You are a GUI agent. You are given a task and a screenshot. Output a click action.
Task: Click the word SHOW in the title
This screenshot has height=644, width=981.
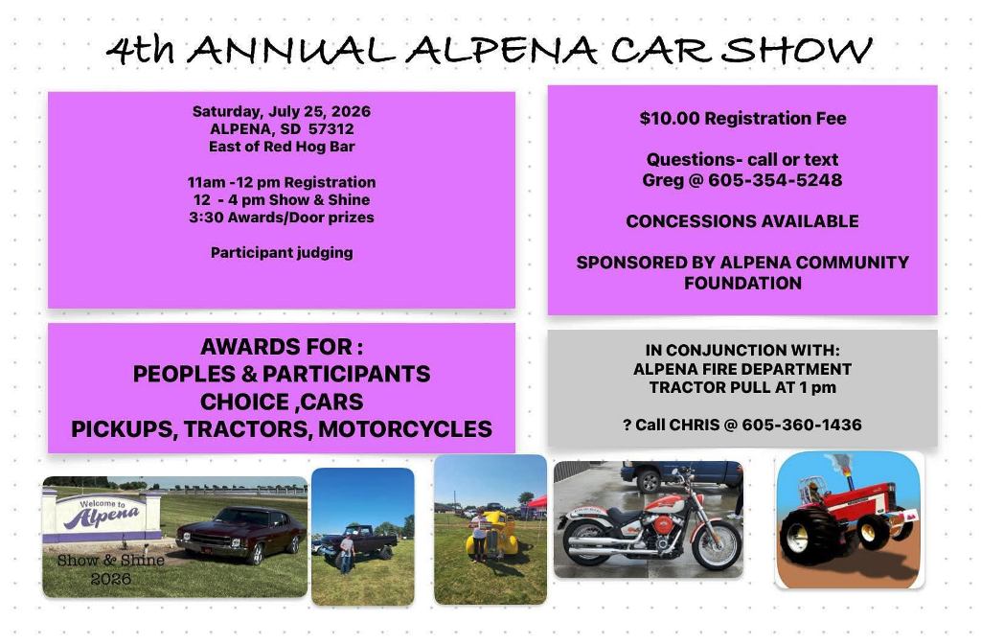796,50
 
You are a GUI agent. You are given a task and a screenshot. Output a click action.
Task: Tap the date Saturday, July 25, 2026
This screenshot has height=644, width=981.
282,111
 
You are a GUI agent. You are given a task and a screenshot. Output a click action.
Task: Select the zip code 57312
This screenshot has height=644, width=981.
331,129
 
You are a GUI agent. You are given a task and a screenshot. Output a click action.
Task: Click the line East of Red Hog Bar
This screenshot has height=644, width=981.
282,147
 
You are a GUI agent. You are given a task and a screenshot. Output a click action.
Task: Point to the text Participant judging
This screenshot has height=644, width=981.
282,253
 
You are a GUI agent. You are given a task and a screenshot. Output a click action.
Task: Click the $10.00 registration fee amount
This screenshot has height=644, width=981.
670,118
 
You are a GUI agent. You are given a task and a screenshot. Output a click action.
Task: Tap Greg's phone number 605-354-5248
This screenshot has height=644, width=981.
775,179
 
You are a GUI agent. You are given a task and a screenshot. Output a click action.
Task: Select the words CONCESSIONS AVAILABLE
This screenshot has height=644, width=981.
742,221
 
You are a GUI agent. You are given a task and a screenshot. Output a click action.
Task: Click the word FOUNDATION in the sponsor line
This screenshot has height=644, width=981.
742,283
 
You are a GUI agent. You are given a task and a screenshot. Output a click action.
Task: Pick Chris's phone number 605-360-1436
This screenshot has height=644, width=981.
802,425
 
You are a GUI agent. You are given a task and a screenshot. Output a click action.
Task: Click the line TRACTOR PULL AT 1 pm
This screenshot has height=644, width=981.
742,387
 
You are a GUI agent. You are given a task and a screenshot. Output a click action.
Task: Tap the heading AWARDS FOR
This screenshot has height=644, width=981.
282,347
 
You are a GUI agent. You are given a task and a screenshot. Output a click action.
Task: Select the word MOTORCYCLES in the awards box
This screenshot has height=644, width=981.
405,429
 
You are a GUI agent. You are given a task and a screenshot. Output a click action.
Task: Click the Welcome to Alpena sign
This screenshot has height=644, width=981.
103,517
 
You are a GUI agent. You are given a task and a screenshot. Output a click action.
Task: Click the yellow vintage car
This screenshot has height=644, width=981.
491,536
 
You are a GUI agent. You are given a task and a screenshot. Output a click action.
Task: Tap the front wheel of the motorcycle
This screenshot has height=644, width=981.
717,544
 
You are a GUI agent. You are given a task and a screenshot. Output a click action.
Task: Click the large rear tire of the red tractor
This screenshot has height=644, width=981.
810,536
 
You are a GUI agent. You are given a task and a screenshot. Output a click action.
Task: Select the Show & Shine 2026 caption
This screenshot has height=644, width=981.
111,569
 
